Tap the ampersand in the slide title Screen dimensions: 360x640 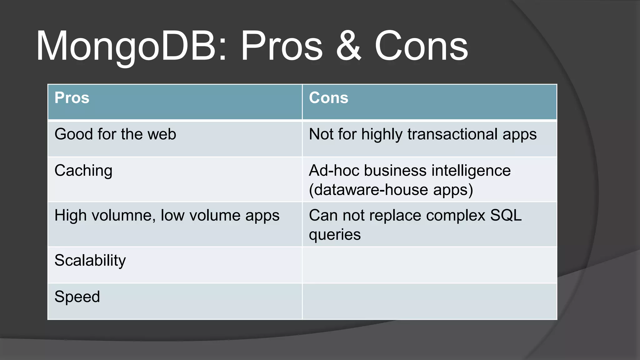(x=348, y=46)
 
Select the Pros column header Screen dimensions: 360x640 (x=72, y=98)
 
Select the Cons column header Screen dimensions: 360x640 (x=328, y=98)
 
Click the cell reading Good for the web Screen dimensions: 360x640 (x=115, y=134)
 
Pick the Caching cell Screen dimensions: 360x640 (x=83, y=171)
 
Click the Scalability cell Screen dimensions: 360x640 (x=90, y=261)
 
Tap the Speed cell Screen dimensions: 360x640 (x=77, y=297)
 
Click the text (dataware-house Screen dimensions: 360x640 (x=368, y=190)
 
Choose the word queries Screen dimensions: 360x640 (x=335, y=235)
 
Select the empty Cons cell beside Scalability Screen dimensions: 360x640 (x=429, y=265)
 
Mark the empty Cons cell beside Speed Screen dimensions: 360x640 (x=429, y=301)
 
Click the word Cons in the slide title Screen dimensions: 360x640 (x=421, y=46)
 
